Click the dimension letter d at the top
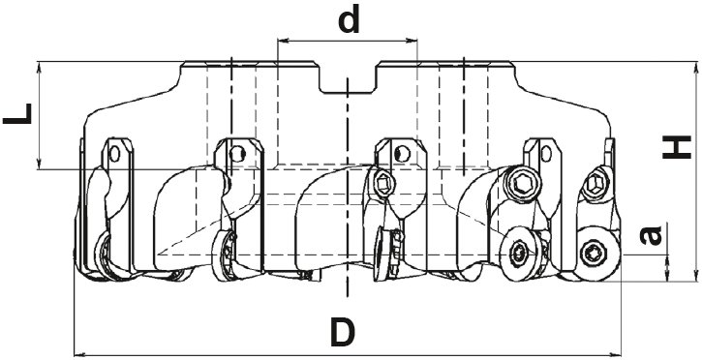(350, 20)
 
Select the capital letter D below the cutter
(343, 332)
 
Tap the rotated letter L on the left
(17, 113)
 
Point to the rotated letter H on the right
(677, 148)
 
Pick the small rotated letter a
(651, 236)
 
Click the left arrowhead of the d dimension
(282, 42)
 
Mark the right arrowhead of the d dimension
(412, 42)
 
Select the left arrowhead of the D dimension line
(78, 352)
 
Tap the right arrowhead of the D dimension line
(616, 352)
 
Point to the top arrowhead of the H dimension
(695, 67)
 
